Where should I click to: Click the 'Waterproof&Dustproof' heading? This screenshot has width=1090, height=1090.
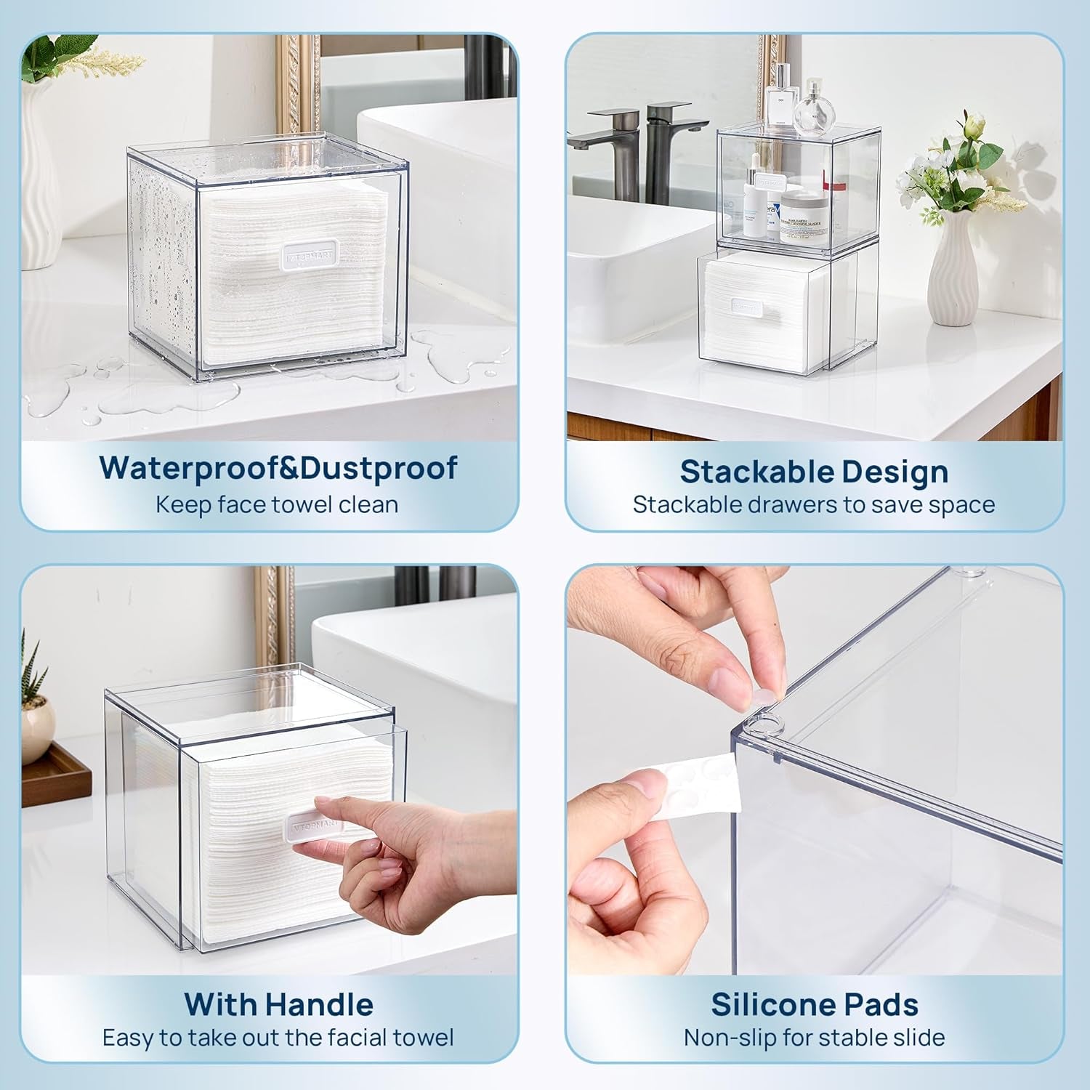pos(278,467)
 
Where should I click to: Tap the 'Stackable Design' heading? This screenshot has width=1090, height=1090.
pos(814,472)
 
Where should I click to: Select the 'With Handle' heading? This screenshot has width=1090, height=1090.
pos(278,1004)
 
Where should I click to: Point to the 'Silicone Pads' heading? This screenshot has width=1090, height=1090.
pos(814,1004)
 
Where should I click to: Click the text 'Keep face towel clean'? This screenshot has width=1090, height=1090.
pos(277,504)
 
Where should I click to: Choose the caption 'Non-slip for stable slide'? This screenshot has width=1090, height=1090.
pos(814,1037)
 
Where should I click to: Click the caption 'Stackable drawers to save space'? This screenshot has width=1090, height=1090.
pos(814,504)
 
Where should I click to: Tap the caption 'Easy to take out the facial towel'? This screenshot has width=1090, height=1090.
pos(278,1037)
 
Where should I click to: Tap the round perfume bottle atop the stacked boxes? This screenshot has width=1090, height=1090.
pos(813,110)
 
